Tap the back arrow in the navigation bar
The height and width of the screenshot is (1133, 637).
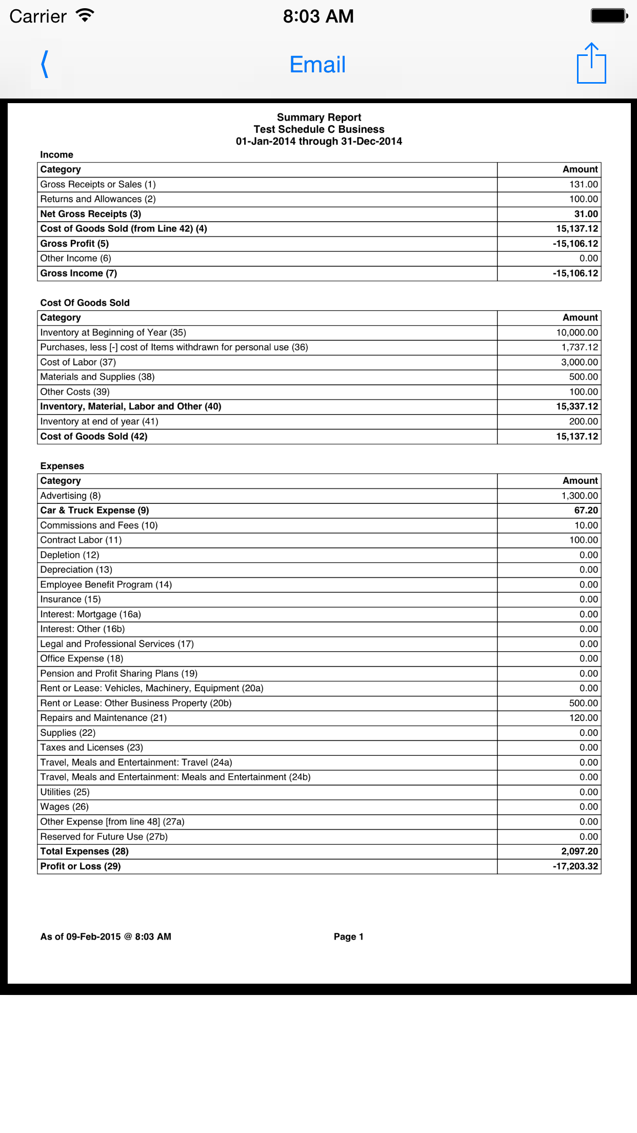coord(46,65)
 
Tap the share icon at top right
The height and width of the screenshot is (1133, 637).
coord(591,64)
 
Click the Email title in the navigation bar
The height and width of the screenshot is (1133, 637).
coord(317,65)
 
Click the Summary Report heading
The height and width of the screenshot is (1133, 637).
coord(319,118)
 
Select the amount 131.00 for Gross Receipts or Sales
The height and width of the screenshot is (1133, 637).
coord(583,184)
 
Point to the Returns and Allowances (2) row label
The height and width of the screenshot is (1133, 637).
coord(98,199)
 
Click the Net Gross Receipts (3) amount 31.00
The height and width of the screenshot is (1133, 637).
coord(586,214)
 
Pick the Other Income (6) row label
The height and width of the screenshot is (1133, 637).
coord(76,258)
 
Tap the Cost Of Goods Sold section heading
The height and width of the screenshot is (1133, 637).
coord(85,303)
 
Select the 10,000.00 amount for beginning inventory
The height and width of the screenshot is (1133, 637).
coord(577,333)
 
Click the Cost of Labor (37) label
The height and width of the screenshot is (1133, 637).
coord(78,362)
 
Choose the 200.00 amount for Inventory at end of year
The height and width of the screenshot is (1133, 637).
coord(583,421)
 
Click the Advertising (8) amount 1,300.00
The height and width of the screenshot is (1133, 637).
coord(580,496)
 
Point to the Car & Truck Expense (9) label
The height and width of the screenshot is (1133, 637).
coord(95,511)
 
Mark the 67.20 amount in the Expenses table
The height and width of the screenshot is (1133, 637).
coord(586,511)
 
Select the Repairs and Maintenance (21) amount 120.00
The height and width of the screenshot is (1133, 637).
coord(583,718)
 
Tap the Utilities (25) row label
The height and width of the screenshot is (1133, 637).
coord(65,792)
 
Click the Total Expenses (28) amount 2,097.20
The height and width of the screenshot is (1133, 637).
coord(580,851)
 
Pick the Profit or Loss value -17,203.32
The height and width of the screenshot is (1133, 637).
coord(575,866)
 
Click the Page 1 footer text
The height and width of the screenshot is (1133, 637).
coord(349,936)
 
